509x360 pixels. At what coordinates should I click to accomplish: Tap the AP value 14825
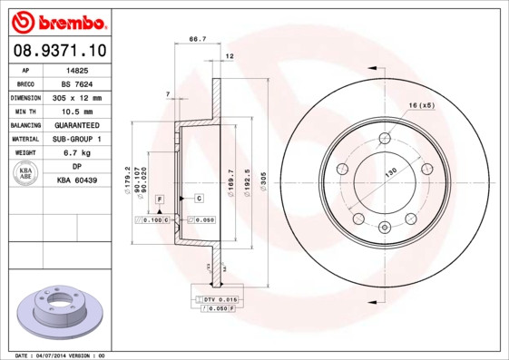pyautogui.click(x=77, y=69)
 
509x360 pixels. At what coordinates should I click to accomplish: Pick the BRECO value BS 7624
pyautogui.click(x=77, y=83)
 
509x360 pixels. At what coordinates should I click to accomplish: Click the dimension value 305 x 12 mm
pyautogui.click(x=77, y=97)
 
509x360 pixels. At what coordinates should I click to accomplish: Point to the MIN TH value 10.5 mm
pyautogui.click(x=77, y=111)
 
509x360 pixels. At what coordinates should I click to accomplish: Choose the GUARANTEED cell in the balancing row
pyautogui.click(x=77, y=125)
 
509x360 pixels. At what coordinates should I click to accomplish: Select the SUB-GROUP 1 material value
pyautogui.click(x=77, y=139)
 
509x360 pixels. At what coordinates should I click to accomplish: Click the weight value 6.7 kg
pyautogui.click(x=77, y=153)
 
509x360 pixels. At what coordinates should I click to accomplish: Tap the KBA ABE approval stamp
pyautogui.click(x=27, y=174)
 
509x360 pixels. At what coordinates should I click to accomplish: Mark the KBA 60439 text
pyautogui.click(x=77, y=181)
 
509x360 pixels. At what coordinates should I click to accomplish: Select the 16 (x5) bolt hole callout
pyautogui.click(x=422, y=106)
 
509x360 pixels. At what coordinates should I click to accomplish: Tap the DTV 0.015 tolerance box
pyautogui.click(x=219, y=298)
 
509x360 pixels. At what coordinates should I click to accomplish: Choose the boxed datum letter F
pyautogui.click(x=160, y=198)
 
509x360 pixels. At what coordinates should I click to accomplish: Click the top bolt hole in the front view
pyautogui.click(x=385, y=139)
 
